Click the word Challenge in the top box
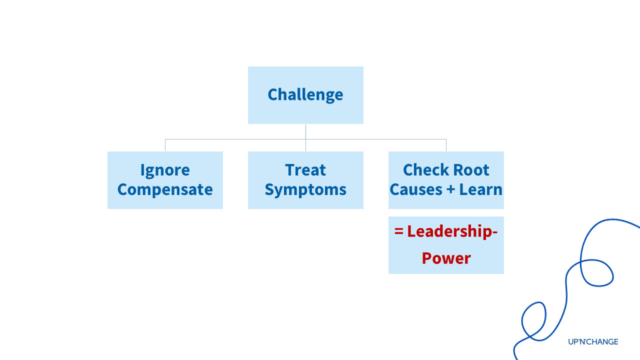coord(305,94)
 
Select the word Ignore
coord(165,170)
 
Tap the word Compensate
coord(165,189)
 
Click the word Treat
coord(305,170)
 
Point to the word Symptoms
coord(305,190)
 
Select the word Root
coord(471,170)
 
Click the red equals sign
coord(398,232)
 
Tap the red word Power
coord(446,258)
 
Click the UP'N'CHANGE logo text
coord(593,342)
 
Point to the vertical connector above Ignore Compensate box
coord(165,145)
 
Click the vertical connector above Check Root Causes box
coord(446,145)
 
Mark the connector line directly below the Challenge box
coord(305,131)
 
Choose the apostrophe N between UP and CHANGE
coord(583,342)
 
